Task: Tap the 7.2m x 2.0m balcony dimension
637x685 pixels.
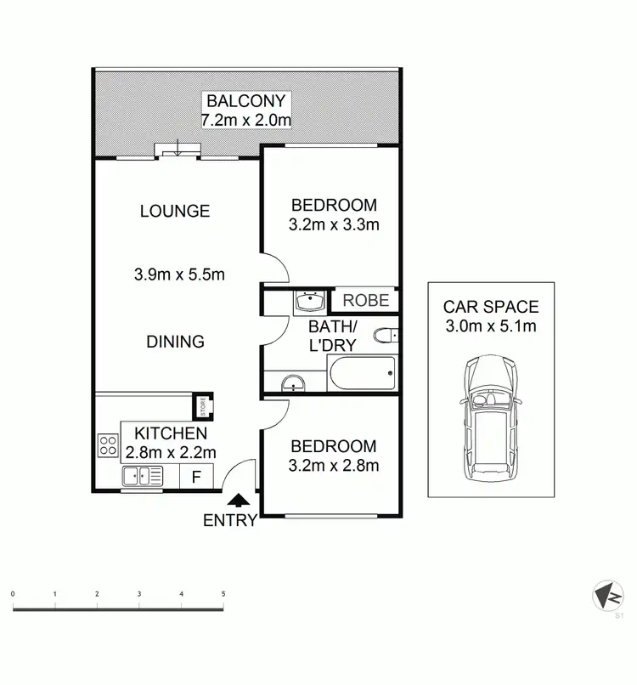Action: pos(245,121)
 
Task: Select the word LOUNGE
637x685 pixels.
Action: pos(175,211)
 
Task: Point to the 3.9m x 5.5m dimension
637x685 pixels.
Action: pos(179,275)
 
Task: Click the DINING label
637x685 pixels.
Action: pos(175,342)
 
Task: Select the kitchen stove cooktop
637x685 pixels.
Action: pos(108,444)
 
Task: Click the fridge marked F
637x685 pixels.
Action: pos(196,477)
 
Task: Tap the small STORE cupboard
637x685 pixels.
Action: pos(203,406)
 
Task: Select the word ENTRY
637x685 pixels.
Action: pos(229,521)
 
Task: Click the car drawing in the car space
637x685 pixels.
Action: pos(490,417)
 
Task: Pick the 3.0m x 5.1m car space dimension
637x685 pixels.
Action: pos(491,326)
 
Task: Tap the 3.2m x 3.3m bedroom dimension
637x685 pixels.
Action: pos(334,225)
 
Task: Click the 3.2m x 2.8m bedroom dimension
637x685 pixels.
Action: pos(334,465)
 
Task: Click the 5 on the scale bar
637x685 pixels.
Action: pos(223,594)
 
